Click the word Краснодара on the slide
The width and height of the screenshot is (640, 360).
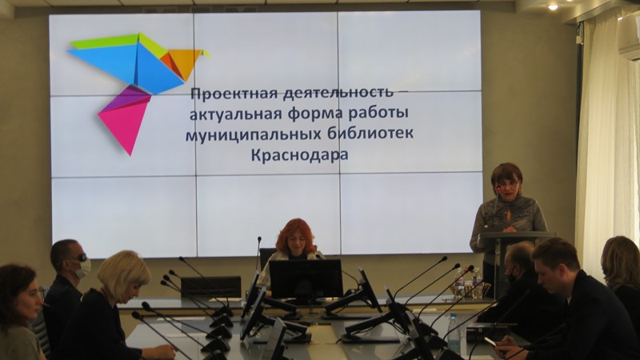299,155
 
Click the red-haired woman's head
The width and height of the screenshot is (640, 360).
295,237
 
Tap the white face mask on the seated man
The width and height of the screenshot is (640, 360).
83,268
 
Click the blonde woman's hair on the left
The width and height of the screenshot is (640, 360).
122,275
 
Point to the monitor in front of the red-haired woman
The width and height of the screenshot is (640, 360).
306,279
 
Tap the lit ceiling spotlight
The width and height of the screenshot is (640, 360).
553,7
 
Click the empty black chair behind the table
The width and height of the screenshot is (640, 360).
210,287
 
